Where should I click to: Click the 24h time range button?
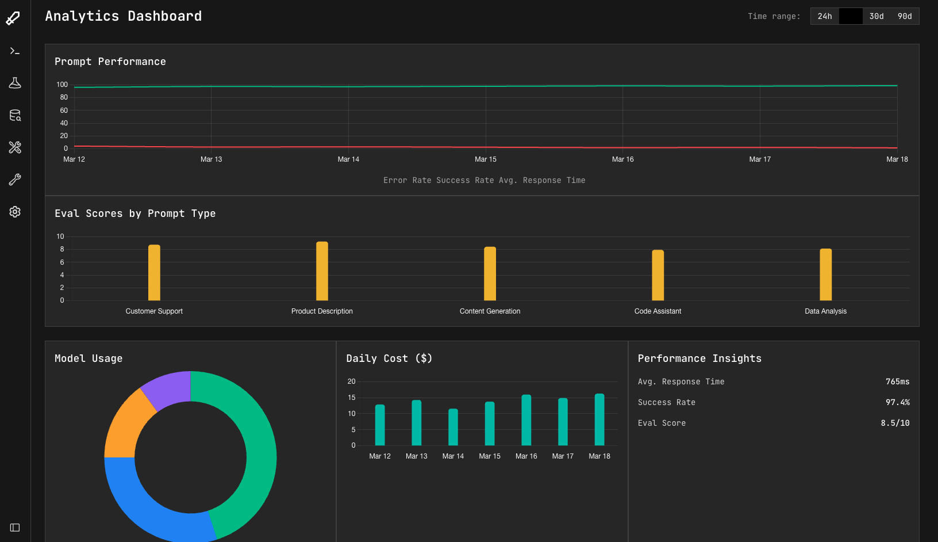(825, 16)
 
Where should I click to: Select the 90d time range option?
(905, 16)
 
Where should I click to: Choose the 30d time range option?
(877, 16)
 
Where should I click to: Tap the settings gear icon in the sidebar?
(15, 212)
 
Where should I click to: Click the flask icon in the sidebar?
(15, 83)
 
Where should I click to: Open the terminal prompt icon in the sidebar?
(15, 51)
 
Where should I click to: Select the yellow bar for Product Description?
(322, 271)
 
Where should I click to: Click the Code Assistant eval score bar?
(658, 275)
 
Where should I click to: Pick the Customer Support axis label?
(154, 311)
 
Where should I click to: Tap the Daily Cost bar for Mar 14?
(453, 427)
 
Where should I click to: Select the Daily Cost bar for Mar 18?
(599, 419)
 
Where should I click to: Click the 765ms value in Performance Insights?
(897, 381)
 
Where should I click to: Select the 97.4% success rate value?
(897, 402)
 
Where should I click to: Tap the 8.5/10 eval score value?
(895, 423)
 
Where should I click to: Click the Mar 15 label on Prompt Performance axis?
(486, 159)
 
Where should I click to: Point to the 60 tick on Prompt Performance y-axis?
(64, 110)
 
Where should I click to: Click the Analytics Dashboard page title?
(124, 16)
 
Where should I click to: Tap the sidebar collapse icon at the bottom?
(15, 528)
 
